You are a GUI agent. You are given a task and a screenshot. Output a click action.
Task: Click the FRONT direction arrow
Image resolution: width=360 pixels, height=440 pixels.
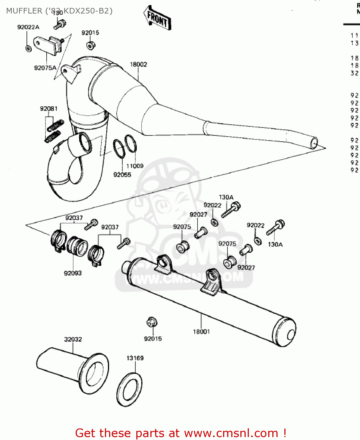coord(158,18)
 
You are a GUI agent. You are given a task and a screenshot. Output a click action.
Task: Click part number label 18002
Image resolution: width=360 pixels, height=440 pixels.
coord(138,64)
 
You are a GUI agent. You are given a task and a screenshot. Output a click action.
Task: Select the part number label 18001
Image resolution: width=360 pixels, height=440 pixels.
coord(201,331)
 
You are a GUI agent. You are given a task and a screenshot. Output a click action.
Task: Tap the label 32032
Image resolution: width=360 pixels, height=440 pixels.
coord(73,339)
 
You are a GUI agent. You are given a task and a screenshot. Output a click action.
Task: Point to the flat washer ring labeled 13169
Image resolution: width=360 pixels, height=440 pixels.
coord(129,390)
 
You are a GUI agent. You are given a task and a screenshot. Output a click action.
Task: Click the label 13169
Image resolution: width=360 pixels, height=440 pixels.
coord(135,358)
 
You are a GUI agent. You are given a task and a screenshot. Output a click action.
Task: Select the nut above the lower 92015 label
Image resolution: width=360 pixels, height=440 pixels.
coord(152,322)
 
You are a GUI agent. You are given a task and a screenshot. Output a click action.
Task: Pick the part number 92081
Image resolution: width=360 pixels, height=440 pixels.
coord(49,109)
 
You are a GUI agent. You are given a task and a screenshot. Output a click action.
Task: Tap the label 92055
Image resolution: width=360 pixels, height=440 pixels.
coord(122,175)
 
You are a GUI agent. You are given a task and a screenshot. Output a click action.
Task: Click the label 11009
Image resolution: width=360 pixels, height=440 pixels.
coord(135,166)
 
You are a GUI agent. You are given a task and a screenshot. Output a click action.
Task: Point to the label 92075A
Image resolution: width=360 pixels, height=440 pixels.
coord(45,68)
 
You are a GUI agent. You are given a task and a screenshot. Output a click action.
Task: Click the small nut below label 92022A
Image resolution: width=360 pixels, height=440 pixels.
coord(28,48)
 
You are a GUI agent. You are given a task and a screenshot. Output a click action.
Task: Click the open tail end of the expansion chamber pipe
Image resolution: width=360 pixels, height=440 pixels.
coord(314,143)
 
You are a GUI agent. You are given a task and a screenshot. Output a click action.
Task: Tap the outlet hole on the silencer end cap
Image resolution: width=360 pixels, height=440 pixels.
coord(291,335)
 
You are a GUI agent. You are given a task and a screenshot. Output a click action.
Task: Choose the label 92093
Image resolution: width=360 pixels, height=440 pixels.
coord(73,273)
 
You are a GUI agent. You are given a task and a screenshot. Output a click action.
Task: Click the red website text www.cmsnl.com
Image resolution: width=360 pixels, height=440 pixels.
coord(231,433)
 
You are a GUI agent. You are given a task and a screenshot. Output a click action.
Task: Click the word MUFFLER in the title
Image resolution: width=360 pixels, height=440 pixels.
coord(24,11)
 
